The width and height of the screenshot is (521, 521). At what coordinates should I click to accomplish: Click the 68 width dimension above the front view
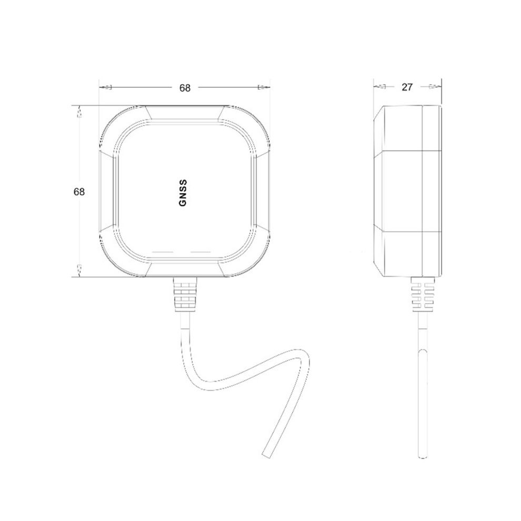(184, 88)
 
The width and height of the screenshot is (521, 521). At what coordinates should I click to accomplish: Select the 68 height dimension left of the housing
(79, 192)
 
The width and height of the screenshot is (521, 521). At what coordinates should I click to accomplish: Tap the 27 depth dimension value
(407, 87)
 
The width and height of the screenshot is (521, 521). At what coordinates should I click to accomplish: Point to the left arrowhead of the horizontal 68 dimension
(105, 88)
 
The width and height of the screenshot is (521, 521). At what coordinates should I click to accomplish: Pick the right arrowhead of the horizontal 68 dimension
(262, 88)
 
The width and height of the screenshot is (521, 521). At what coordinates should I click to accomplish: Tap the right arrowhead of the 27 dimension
(434, 86)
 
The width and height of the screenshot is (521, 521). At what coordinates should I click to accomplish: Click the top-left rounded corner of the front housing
(113, 119)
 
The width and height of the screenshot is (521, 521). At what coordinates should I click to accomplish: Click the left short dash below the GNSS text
(162, 252)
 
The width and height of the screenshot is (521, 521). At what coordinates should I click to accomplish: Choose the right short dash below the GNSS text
(201, 252)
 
